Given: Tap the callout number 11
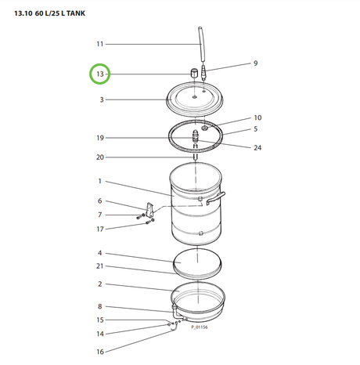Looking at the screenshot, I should (x=99, y=44).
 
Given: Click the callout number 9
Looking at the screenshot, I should (x=254, y=63).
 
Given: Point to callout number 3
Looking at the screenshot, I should (x=101, y=100).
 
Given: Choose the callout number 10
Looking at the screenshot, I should (x=257, y=117).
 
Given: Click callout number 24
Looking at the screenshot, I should (x=257, y=147).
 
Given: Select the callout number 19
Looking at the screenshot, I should (x=99, y=138).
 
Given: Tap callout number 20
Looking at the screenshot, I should (x=99, y=157).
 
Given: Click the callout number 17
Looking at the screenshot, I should (x=99, y=229).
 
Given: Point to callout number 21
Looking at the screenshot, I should (x=99, y=268).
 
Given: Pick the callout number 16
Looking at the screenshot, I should (x=99, y=352).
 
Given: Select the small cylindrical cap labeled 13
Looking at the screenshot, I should (x=193, y=73).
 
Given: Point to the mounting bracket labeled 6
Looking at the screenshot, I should (x=149, y=210).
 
